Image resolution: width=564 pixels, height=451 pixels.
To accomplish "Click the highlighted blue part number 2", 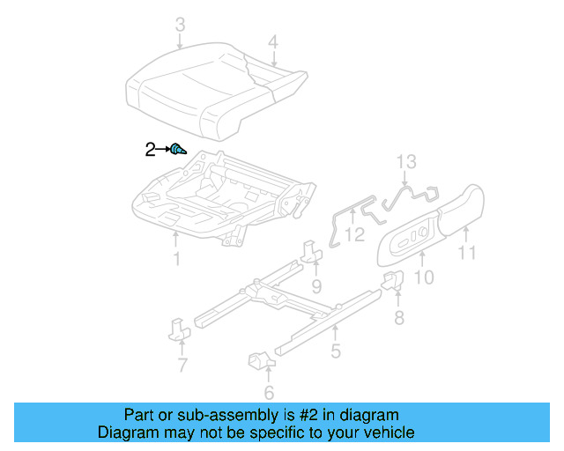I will [x=177, y=150].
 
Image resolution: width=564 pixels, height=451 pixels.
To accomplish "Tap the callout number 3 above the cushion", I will [x=180, y=26].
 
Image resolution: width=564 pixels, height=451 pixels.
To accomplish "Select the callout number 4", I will [x=273, y=41].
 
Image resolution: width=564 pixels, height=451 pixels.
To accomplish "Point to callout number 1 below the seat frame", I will [x=176, y=258].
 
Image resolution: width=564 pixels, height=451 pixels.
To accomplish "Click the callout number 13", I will [x=404, y=161].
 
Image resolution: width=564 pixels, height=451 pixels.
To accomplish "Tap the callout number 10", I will [x=424, y=277].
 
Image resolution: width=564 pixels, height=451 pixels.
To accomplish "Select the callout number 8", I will [x=398, y=317].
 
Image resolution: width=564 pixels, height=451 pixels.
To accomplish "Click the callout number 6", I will [x=269, y=393].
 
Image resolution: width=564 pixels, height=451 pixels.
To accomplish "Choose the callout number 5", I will [x=335, y=352].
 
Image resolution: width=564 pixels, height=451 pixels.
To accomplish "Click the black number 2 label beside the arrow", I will [x=150, y=150].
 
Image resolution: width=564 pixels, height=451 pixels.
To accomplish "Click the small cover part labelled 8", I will [x=392, y=282].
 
